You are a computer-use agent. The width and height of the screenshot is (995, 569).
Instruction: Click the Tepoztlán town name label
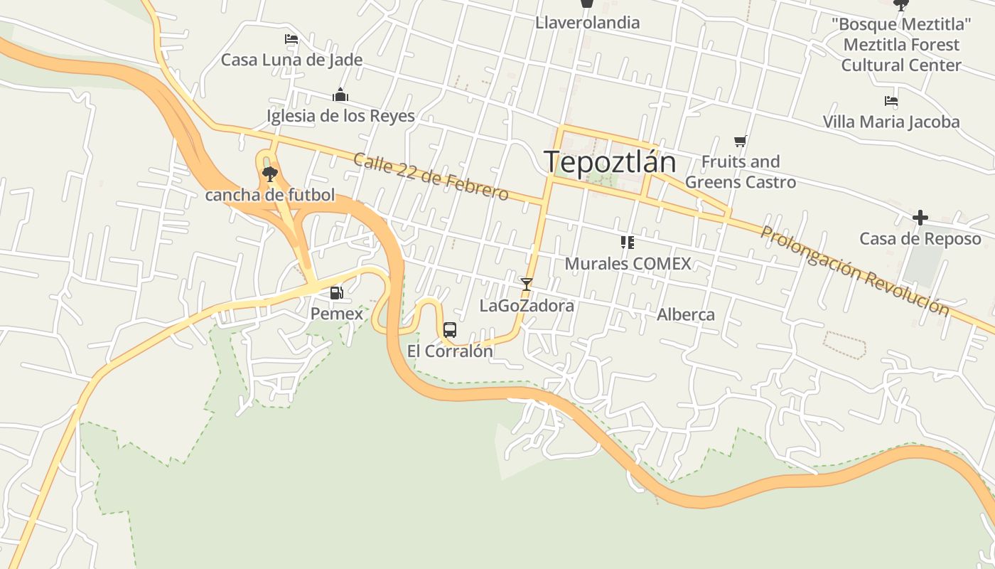click(610, 162)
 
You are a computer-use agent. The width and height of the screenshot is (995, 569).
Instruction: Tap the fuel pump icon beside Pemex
click(336, 292)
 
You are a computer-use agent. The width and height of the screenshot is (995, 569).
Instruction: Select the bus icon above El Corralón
click(450, 330)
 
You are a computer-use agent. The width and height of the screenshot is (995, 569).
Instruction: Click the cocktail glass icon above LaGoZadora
click(526, 284)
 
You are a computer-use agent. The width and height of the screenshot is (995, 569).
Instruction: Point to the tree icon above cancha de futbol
click(269, 174)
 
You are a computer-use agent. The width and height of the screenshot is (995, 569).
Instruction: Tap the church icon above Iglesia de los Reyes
click(340, 95)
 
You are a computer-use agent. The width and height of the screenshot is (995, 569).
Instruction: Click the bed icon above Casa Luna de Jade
click(291, 39)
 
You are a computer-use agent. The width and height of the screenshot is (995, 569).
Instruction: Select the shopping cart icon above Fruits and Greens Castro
click(741, 141)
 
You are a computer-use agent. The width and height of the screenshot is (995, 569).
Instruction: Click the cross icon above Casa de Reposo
click(920, 218)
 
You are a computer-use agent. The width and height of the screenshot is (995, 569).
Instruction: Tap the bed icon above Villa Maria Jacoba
click(891, 101)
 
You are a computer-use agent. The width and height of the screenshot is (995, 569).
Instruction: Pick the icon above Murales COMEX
click(627, 243)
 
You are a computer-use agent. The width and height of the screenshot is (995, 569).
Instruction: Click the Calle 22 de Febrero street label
click(431, 176)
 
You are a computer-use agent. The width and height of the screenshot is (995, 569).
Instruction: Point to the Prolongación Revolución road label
click(854, 271)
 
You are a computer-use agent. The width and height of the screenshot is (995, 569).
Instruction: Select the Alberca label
click(686, 314)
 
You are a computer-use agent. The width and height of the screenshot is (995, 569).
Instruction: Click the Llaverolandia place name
click(587, 23)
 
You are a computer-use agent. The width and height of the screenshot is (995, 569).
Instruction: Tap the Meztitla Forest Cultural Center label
click(901, 45)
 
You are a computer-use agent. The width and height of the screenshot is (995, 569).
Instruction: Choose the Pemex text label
click(337, 314)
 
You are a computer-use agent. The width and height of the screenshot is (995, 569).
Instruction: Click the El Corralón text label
click(450, 351)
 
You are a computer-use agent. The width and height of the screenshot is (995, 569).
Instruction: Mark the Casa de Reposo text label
click(920, 239)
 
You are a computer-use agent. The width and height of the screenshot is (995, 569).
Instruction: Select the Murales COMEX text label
click(628, 264)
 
